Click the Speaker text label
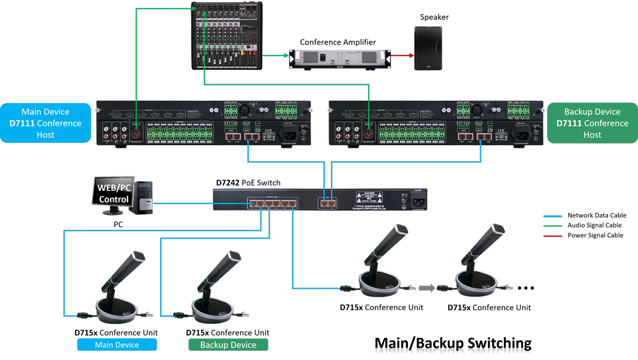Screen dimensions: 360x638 434,17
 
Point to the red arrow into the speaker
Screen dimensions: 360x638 402,55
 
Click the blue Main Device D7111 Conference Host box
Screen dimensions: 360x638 45,123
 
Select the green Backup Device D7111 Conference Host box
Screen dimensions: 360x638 592,123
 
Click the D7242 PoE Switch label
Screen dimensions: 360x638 248,183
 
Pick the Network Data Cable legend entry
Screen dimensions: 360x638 597,215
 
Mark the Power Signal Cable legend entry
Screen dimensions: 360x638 595,235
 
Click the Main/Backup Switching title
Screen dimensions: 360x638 453,343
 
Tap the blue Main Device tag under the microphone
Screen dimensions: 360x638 117,345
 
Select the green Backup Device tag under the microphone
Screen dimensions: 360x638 228,345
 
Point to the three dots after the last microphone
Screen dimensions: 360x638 525,289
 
